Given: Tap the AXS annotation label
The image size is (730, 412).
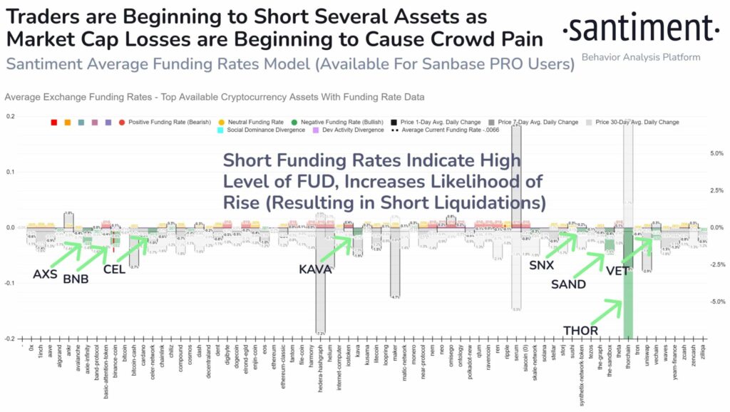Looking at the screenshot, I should pos(46,274).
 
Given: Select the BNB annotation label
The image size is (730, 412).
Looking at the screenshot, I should pos(76,279).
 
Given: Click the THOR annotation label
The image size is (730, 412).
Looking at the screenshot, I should pos(580,331).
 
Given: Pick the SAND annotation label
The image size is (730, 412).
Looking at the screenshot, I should pos(569,284).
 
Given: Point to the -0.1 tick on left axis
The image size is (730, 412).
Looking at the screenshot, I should pos(10,284).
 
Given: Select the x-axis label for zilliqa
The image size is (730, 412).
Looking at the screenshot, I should pos(703,356).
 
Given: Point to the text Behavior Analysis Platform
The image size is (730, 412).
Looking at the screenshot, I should pos(641,57).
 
